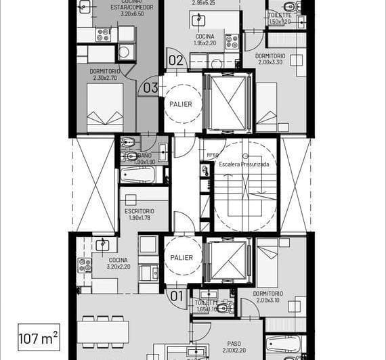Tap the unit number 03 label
150,87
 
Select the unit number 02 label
176,60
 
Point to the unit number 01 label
176,295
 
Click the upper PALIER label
181,104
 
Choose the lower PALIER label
181,257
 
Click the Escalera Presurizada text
244,164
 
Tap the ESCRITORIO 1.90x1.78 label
140,215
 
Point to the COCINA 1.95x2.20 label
205,40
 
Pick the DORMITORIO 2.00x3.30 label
269,60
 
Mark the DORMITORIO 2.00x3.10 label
268,297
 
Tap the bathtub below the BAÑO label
137,175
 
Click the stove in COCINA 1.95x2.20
232,42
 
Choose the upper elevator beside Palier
228,103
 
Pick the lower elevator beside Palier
228,259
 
